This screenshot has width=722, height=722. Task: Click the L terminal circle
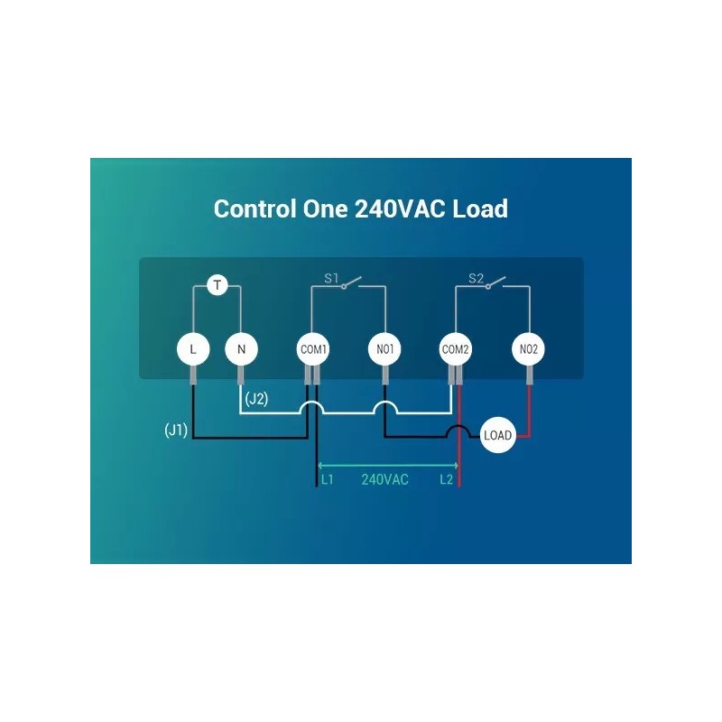click(193, 349)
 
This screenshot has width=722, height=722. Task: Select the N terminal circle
click(241, 349)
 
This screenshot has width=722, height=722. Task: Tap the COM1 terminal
click(313, 349)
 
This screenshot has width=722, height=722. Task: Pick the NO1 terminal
click(385, 349)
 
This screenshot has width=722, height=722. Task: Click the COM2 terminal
click(456, 349)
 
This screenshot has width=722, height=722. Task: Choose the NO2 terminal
click(528, 349)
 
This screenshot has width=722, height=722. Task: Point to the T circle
click(218, 285)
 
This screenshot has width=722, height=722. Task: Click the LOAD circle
click(498, 435)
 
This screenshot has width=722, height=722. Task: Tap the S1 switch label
click(331, 278)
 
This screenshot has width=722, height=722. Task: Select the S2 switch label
click(477, 278)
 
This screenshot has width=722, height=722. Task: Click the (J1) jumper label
click(176, 430)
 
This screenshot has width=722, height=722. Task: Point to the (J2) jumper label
click(256, 398)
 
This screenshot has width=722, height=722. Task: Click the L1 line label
click(327, 480)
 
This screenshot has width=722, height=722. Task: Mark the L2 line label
click(446, 480)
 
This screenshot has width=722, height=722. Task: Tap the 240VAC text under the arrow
click(385, 480)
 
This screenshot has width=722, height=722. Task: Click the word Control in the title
click(255, 208)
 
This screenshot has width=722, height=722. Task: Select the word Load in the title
click(480, 208)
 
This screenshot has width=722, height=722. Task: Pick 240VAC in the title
click(400, 208)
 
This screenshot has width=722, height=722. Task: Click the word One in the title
click(325, 208)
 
